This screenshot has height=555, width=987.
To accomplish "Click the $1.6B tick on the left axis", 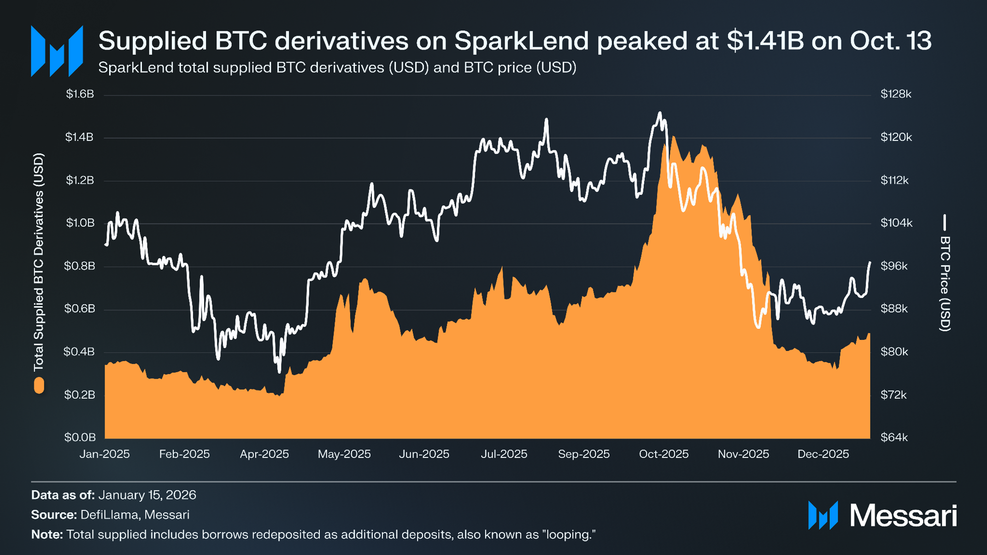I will point(80,94).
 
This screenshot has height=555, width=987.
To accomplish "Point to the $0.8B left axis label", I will point(80,266).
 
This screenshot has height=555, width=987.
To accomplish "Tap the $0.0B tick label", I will point(80,437).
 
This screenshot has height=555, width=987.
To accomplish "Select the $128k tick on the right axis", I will point(896,94).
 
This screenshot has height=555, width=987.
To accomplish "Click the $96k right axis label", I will point(894,266).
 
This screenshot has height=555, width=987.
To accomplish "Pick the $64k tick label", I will point(894,438).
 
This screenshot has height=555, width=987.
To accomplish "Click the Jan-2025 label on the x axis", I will point(105,454).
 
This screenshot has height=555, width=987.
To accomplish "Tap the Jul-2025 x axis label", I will point(504,454).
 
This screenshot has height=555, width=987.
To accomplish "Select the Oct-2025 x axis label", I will point(664,454).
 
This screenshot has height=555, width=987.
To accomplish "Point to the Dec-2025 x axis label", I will point(823,454).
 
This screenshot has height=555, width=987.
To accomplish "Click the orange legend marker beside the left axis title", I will point(39,385).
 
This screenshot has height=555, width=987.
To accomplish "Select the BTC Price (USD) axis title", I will point(945,283).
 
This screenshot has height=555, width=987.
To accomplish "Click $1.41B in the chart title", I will point(765,41).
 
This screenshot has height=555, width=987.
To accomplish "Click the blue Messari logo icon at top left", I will point(57,51).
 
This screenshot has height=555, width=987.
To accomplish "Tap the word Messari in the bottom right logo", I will point(903,515).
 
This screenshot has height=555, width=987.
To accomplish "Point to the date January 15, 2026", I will point(147,495).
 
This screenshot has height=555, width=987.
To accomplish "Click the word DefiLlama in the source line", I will point(109,515).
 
